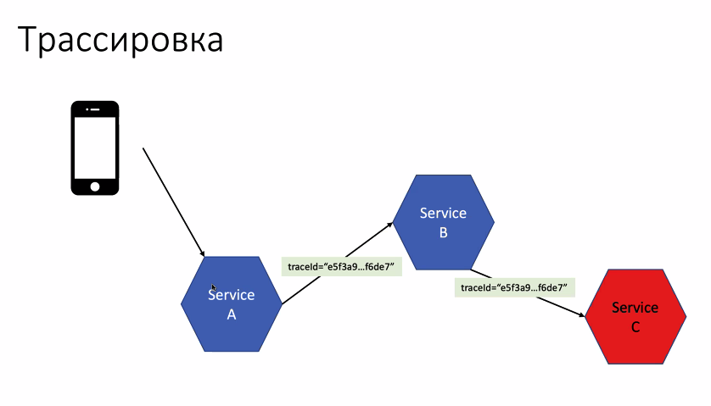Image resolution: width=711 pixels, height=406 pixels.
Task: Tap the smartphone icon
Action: click(x=94, y=147)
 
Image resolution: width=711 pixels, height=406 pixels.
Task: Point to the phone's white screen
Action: click(x=94, y=146)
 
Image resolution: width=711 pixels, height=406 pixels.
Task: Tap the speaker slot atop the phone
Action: click(x=94, y=108)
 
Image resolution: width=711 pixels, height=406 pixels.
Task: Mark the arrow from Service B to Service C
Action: click(x=526, y=293)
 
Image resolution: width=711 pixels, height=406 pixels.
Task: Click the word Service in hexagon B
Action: click(x=443, y=212)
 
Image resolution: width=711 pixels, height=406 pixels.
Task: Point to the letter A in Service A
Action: click(x=231, y=314)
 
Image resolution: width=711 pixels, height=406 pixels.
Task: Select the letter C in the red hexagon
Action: click(x=635, y=326)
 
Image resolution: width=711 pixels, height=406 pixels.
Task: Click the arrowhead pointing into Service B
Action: click(x=391, y=225)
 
